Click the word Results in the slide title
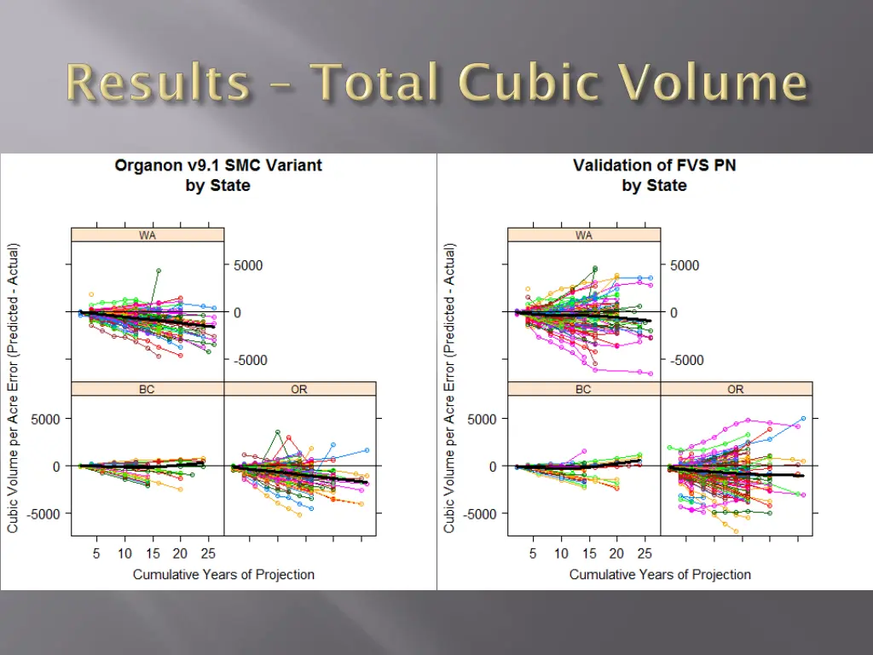tap(158, 84)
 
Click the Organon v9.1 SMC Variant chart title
tap(218, 165)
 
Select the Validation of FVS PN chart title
tap(654, 165)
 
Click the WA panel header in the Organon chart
tap(147, 235)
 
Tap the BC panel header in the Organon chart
tap(147, 389)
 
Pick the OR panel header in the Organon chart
tap(299, 389)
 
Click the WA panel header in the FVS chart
tap(584, 235)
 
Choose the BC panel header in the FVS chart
tap(584, 389)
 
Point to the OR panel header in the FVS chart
tap(736, 389)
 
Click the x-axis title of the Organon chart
tap(223, 574)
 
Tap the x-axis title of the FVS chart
tap(660, 574)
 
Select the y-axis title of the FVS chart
tap(449, 389)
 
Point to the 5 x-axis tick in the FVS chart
tap(533, 553)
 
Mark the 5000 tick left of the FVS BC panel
tap(482, 419)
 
